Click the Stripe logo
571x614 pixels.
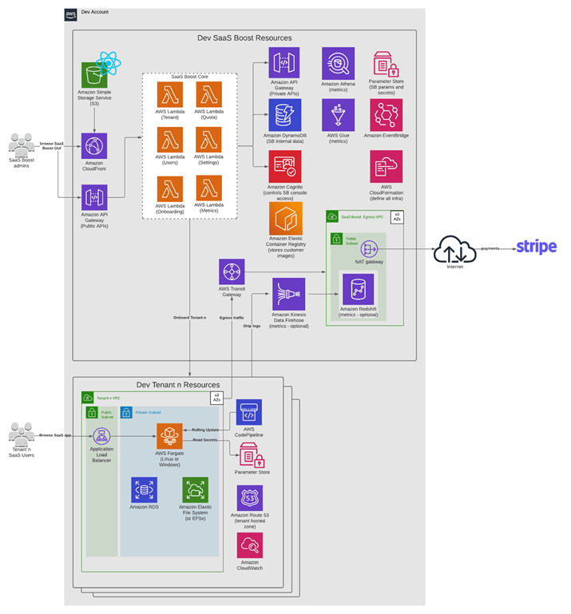536,248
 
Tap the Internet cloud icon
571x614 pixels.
454,250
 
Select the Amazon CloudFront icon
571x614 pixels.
95,147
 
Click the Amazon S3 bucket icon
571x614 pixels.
94,76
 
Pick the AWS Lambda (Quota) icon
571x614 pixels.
209,94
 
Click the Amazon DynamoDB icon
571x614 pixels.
284,115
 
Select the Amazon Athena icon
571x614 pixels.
339,63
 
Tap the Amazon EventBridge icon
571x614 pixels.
387,115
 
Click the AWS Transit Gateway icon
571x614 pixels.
232,271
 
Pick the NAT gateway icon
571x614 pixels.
369,248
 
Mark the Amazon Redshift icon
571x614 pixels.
359,288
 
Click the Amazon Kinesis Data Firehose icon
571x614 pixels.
288,294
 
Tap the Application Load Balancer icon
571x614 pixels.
101,437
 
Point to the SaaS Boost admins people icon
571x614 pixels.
21,145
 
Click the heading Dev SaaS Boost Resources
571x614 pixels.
244,38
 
